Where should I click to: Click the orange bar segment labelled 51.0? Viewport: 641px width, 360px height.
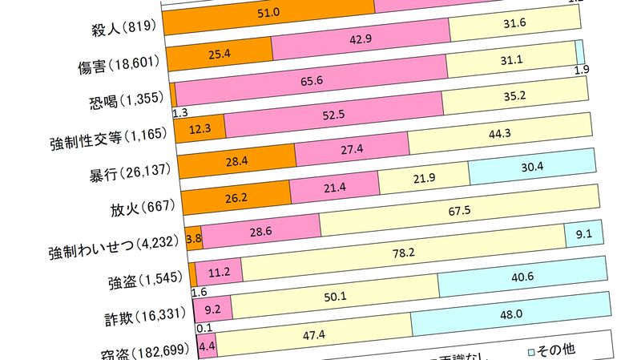point(269,14)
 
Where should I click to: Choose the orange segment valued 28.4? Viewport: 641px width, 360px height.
point(236,164)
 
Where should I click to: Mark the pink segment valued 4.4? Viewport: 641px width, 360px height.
point(206,346)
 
